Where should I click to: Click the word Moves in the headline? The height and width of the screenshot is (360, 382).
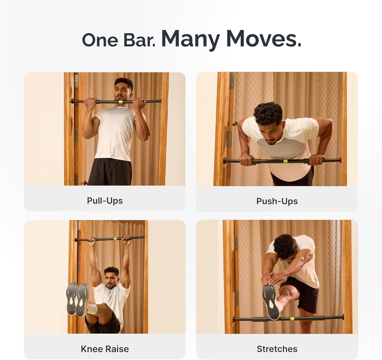click(264, 39)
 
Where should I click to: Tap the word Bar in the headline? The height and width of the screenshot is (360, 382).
click(139, 40)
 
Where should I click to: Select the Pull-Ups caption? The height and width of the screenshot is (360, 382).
click(105, 201)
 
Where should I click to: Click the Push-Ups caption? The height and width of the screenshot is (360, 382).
click(277, 201)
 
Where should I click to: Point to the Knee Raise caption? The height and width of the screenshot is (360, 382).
click(105, 349)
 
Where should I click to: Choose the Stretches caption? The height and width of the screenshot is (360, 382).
click(277, 349)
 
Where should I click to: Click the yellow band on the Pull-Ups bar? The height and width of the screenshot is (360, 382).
click(120, 102)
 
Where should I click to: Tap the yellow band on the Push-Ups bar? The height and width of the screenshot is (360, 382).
click(285, 161)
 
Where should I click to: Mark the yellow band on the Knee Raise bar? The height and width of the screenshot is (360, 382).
click(114, 239)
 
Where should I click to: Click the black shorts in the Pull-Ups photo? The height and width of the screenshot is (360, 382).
click(110, 172)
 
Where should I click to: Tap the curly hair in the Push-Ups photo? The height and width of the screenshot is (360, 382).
click(268, 113)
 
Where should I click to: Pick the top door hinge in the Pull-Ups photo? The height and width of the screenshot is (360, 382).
click(76, 81)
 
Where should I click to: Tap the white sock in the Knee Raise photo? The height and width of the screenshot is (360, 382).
click(92, 309)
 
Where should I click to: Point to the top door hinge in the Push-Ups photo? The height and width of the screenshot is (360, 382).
click(232, 81)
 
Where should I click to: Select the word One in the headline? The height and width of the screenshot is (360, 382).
click(100, 40)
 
